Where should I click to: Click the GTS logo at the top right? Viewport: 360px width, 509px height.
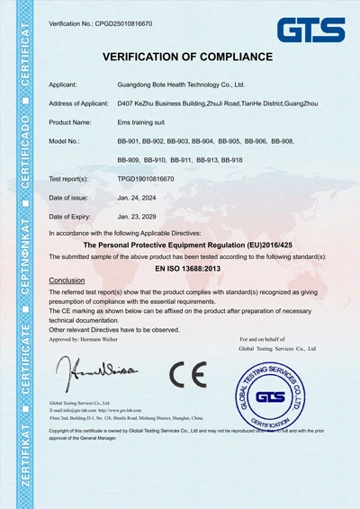pos(310,30)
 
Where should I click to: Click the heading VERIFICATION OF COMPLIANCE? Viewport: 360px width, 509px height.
pos(187,58)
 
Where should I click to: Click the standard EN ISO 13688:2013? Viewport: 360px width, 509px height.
pos(187,268)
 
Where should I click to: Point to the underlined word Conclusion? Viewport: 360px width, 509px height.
pos(67,281)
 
